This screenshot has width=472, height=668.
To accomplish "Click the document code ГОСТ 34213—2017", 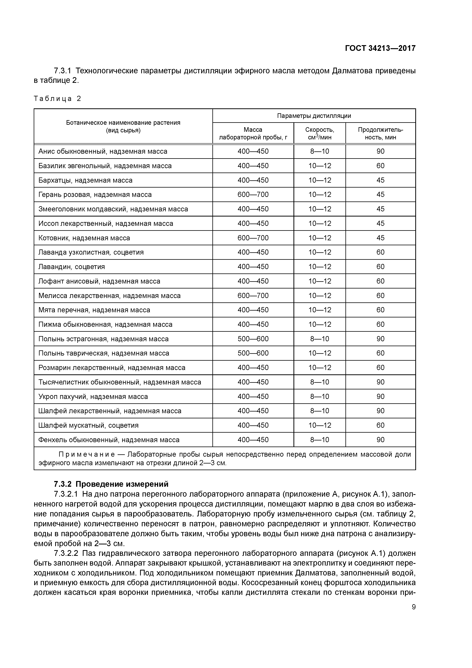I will pyautogui.click(x=380, y=48).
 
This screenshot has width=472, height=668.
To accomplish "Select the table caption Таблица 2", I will pyautogui.click(x=57, y=99).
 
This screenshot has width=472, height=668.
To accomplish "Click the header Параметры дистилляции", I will pyautogui.click(x=314, y=116).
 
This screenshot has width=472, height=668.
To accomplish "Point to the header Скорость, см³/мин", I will pyautogui.click(x=320, y=133).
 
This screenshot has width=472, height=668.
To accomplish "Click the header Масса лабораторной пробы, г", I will pyautogui.click(x=253, y=133).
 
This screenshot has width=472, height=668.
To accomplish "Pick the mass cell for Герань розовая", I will pyautogui.click(x=253, y=194).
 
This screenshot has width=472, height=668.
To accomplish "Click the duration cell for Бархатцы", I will pyautogui.click(x=380, y=180).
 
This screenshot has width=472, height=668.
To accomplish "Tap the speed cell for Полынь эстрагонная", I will pyautogui.click(x=320, y=339).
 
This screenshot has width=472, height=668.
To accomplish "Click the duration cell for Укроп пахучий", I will pyautogui.click(x=380, y=396).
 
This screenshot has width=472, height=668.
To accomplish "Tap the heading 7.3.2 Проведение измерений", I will pyautogui.click(x=111, y=484).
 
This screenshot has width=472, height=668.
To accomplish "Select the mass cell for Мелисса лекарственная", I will pyautogui.click(x=253, y=296).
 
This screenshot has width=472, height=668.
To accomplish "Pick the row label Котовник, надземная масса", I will pyautogui.click(x=84, y=238).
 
